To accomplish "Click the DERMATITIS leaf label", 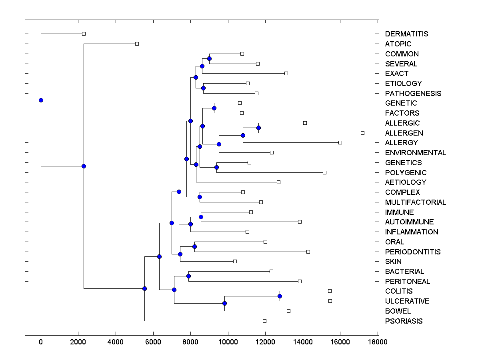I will click(406, 34).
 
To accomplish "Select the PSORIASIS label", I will click(404, 321).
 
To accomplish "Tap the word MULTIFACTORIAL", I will click(415, 202).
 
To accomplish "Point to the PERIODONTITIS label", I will click(413, 252).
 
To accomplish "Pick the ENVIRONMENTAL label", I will click(415, 153).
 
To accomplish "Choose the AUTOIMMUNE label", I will click(409, 222).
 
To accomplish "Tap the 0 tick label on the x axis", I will click(41, 342).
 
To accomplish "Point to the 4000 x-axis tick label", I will click(116, 342).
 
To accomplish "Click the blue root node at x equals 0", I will click(41, 100).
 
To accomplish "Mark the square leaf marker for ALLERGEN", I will click(362, 133).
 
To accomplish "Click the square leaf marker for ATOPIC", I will click(137, 44).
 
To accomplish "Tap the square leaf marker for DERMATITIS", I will click(84, 34).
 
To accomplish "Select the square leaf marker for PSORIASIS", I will click(264, 321).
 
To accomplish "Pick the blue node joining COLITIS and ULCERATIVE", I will click(280, 296).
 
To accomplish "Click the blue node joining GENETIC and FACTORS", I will click(214, 108).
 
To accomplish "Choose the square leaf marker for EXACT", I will click(286, 73).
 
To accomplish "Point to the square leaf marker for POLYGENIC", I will click(324, 172).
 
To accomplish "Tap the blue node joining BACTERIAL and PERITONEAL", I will click(188, 276).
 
